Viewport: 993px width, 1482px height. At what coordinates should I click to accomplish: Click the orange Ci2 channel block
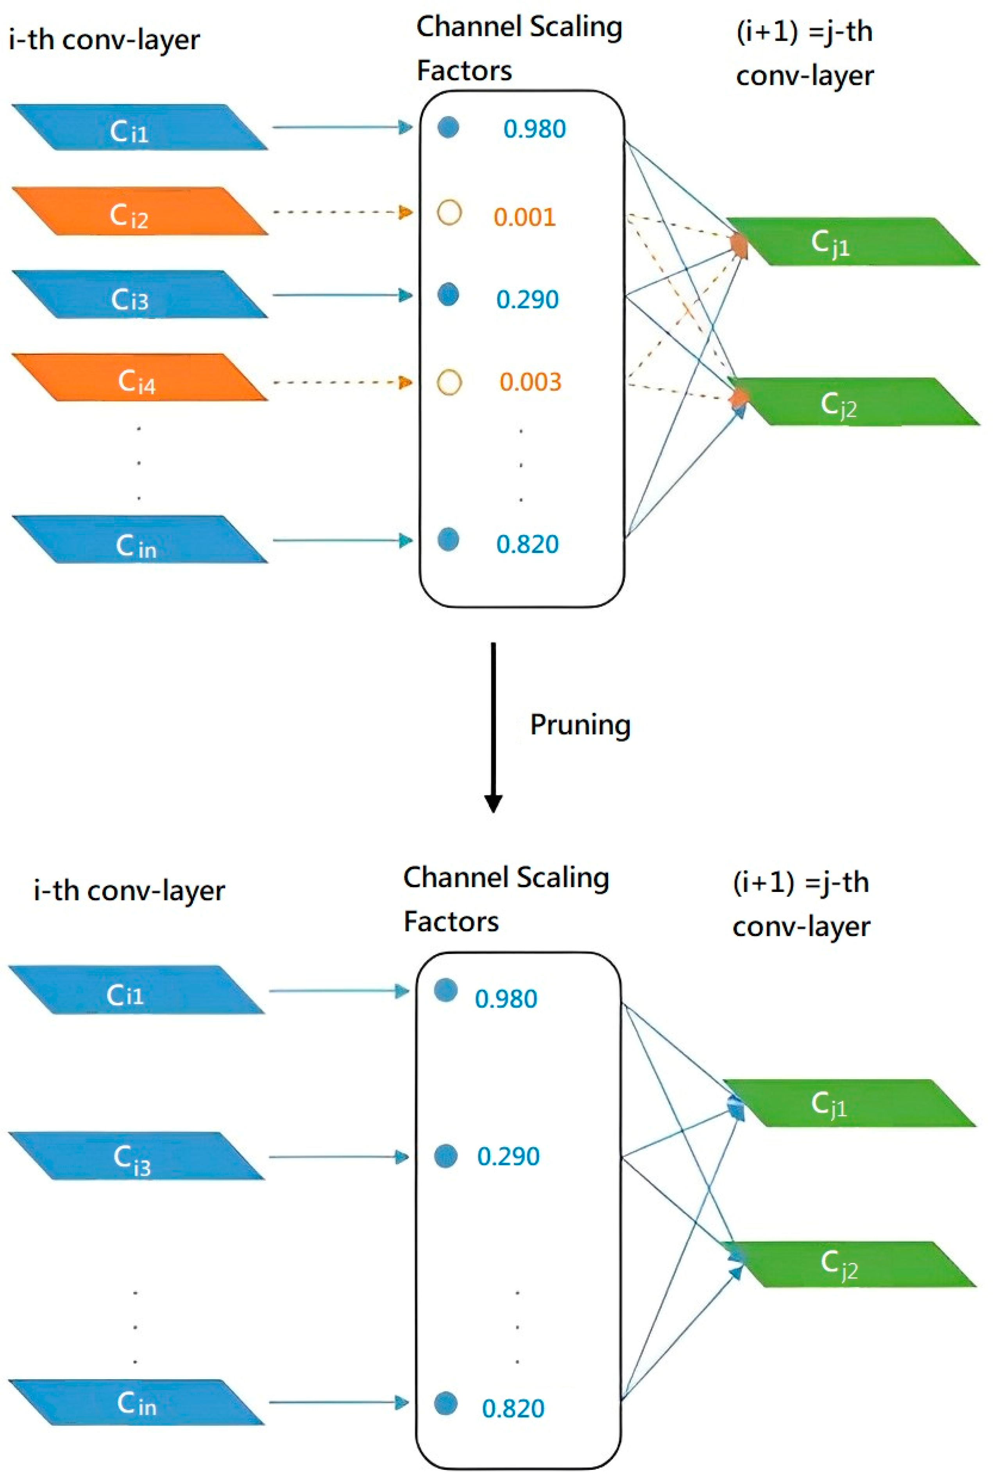140,211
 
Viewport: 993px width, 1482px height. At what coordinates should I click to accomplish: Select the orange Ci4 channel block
140,378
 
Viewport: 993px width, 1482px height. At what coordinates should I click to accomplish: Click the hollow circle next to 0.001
449,213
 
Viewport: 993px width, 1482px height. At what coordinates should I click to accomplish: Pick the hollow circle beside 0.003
449,382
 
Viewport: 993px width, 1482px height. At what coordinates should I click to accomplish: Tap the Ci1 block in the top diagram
140,128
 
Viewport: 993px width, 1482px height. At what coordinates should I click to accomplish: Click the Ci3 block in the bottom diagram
136,1156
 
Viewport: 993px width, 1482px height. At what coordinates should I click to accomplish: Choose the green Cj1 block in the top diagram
852,241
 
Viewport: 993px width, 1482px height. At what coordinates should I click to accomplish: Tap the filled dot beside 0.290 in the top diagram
448,294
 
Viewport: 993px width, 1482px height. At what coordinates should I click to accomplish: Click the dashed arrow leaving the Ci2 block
342,212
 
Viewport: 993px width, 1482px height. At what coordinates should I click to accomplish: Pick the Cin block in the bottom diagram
136,1403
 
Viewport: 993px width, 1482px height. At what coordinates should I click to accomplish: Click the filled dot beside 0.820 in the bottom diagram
446,1403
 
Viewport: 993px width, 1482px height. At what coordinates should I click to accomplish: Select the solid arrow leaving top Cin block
342,540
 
